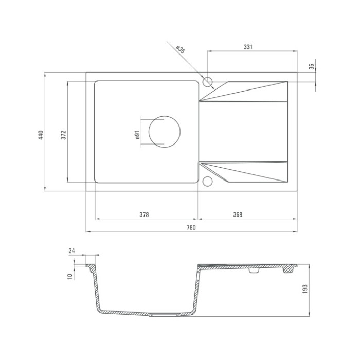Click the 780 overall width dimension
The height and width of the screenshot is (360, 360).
point(191,227)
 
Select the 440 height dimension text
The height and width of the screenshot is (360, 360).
point(41,135)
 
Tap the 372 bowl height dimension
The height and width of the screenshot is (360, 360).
point(64,135)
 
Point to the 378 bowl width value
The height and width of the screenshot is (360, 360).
point(144,214)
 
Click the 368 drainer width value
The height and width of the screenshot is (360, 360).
point(238,214)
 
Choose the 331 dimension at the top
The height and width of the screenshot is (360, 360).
point(248,47)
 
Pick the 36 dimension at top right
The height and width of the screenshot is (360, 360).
point(311,67)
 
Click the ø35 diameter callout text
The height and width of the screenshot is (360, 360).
point(181,49)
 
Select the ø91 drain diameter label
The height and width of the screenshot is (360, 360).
point(137,135)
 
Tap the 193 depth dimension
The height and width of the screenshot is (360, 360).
point(304,289)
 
